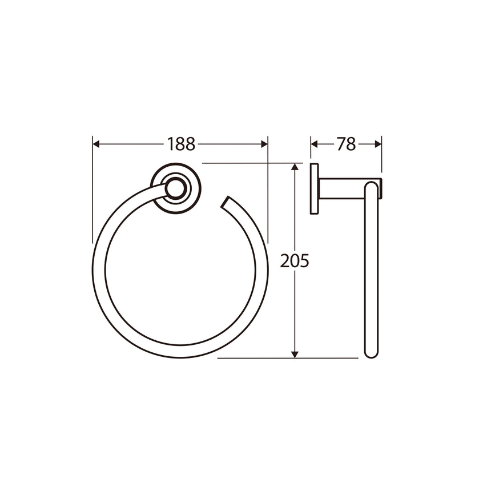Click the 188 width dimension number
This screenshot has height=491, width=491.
(181, 144)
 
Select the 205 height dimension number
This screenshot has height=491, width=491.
(295, 261)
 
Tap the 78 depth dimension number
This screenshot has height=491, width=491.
(346, 144)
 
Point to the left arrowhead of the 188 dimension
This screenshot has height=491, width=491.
(96, 144)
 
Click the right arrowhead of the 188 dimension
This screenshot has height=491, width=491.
(264, 144)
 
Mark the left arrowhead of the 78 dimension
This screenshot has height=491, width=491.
(315, 144)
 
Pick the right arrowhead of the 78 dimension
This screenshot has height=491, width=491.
(378, 144)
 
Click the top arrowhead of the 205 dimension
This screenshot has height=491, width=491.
(295, 167)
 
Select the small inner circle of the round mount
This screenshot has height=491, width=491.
(176, 188)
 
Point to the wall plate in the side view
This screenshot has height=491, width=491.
(314, 189)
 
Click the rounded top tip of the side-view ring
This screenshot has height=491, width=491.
(371, 185)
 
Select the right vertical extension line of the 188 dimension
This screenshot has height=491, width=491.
(268, 194)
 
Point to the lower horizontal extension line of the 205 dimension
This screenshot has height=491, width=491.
(285, 359)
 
